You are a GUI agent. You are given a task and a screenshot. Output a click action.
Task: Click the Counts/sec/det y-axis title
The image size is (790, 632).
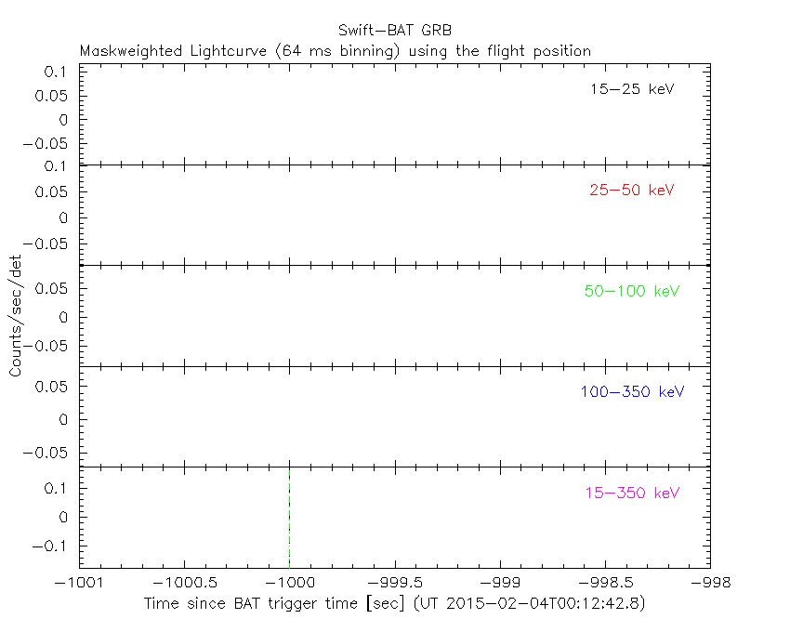[x=16, y=317]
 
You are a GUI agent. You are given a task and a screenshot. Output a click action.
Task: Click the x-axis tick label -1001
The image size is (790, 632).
[x=79, y=582]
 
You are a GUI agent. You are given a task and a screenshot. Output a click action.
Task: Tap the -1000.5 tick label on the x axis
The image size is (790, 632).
[x=184, y=582]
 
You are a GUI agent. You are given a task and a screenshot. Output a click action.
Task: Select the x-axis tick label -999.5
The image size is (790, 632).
[x=395, y=582]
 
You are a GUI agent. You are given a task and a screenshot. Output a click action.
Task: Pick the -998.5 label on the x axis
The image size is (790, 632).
[x=605, y=582]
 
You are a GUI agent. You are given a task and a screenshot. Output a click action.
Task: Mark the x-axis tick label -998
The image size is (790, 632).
[x=710, y=582]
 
